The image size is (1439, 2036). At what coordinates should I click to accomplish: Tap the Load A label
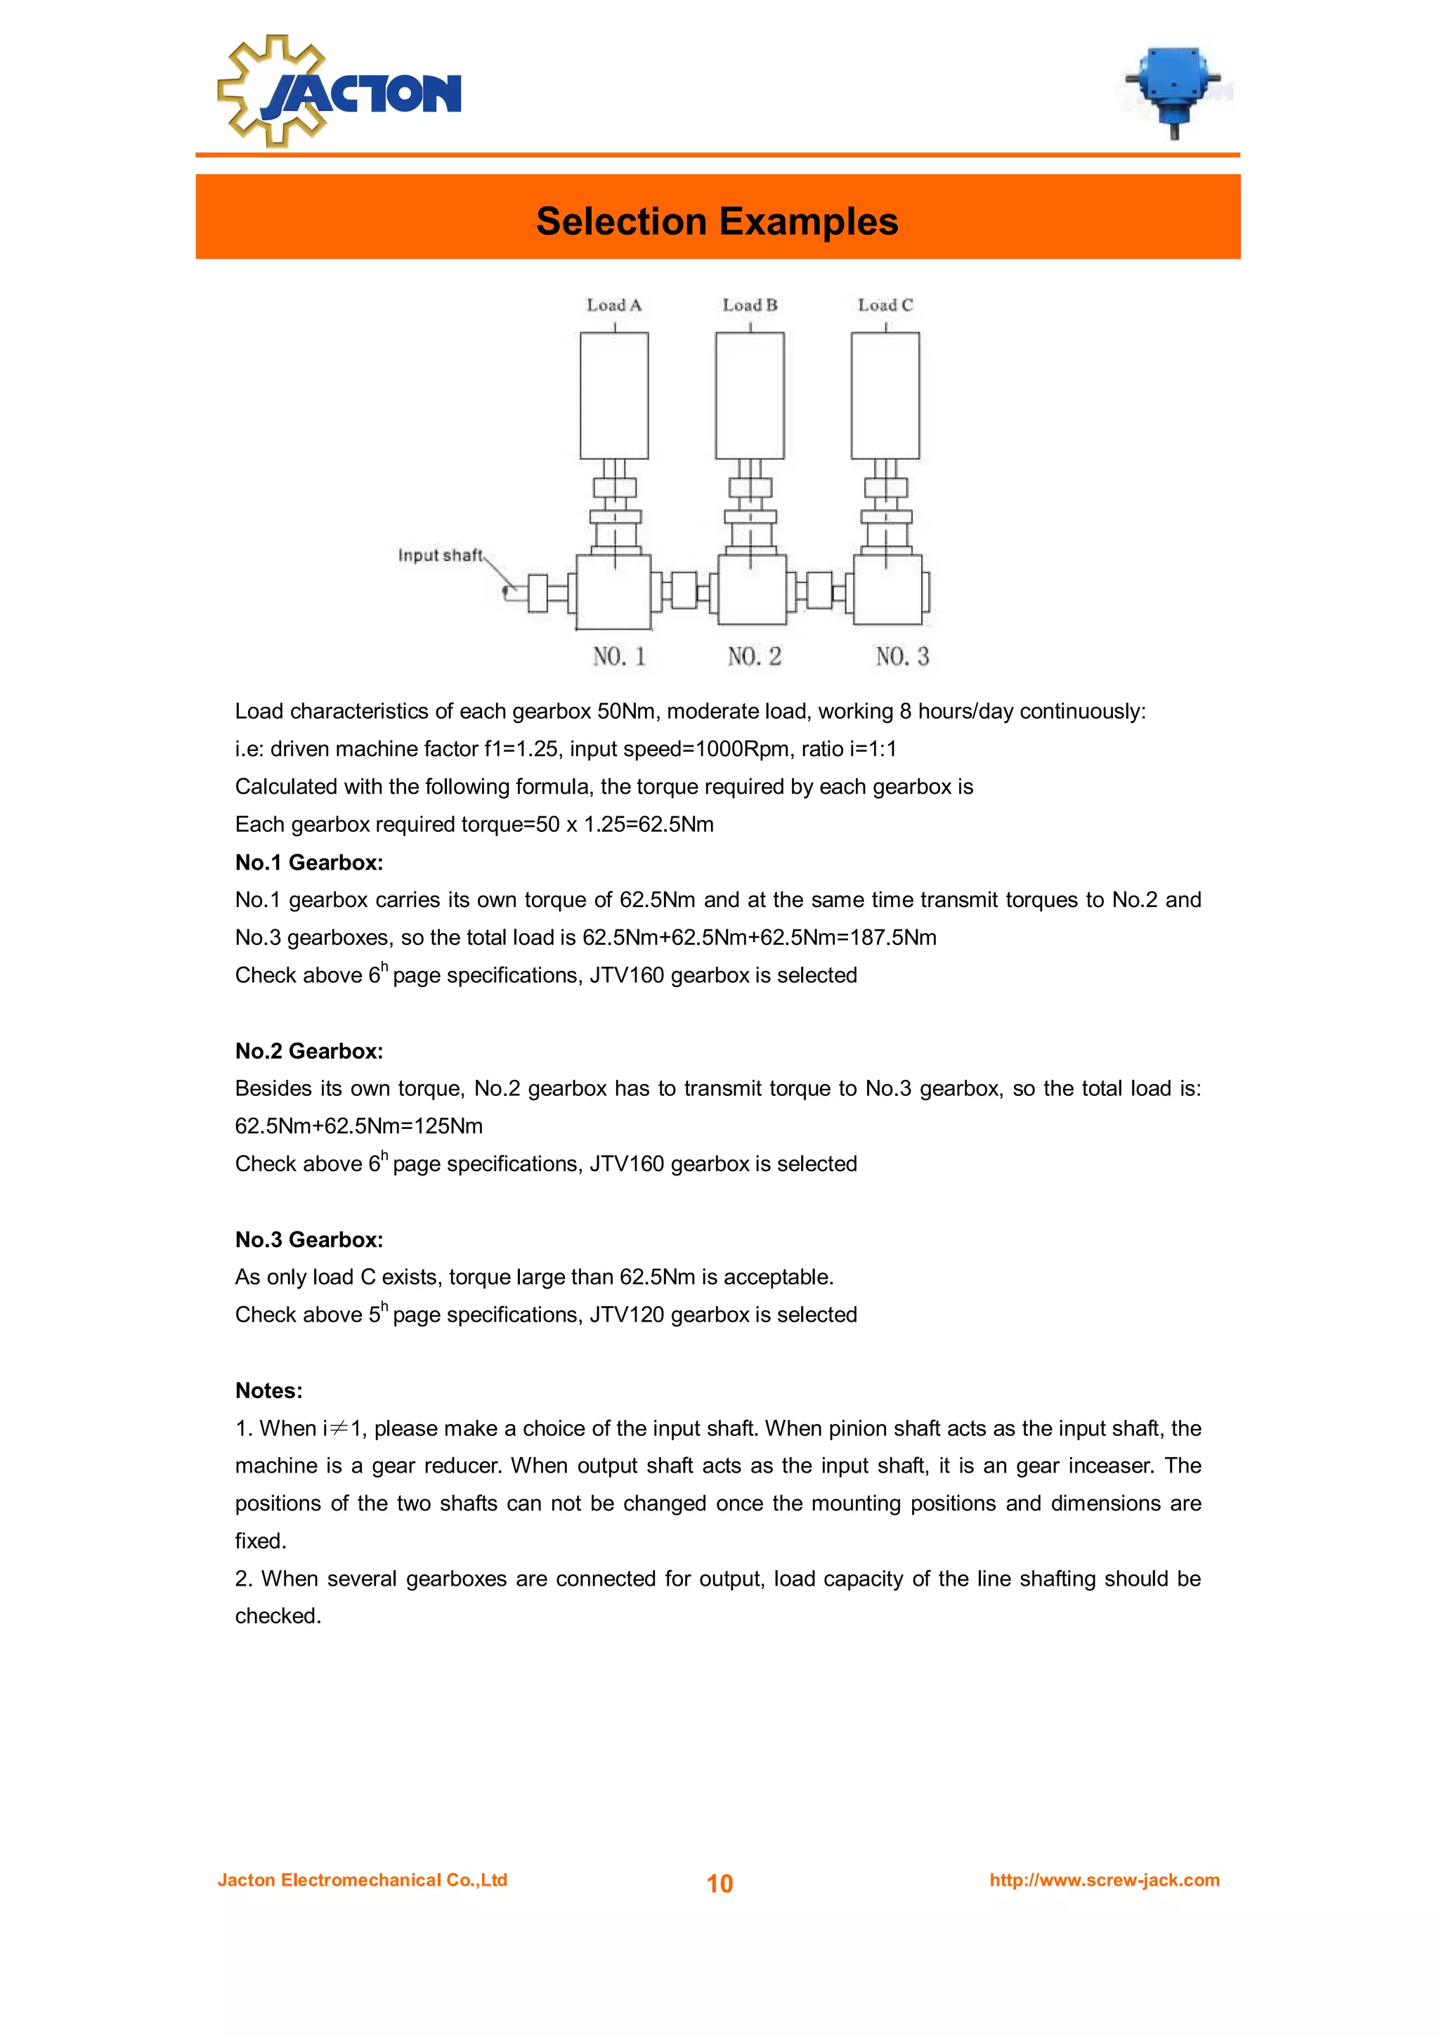coord(613,305)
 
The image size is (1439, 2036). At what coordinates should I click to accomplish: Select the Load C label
coord(885,305)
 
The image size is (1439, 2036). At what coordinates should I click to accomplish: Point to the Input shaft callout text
coord(440,555)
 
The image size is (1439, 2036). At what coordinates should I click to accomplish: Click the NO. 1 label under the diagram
coord(619,656)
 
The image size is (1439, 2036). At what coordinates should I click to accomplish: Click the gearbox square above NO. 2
coord(751,589)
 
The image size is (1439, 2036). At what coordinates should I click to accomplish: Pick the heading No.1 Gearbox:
coord(308,862)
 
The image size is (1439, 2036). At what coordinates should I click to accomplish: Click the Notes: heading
coord(268,1390)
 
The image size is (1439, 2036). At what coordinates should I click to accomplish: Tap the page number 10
coord(719,1884)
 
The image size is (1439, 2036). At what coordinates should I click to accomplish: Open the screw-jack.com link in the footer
coord(1104,1880)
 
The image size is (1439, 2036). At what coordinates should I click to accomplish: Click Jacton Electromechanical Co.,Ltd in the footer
coord(362,1880)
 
